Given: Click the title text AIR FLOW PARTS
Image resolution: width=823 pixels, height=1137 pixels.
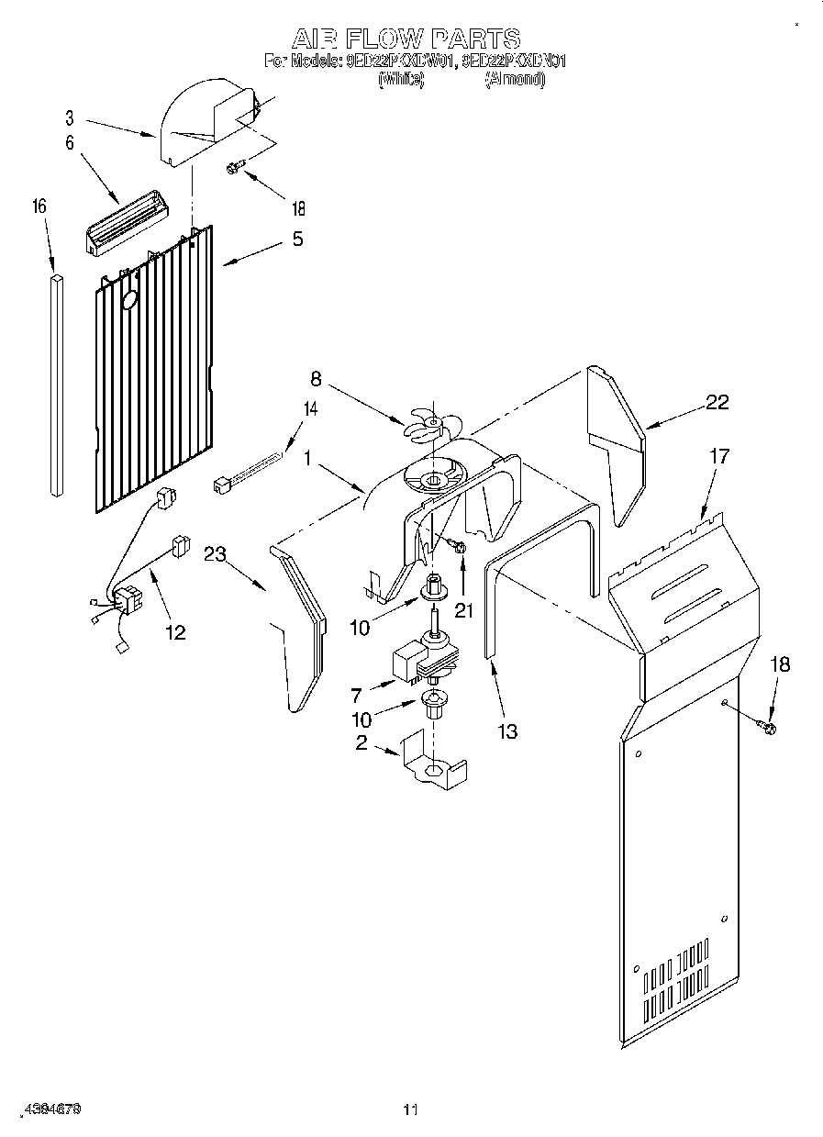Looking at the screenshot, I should tap(406, 39).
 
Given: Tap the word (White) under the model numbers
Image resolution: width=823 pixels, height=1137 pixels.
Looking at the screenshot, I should tap(401, 80).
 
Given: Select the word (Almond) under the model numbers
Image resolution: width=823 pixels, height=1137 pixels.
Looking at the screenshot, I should tap(515, 80).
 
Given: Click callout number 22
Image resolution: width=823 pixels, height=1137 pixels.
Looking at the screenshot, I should tap(717, 401).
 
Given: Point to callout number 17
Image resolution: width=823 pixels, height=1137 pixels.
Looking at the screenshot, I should tap(719, 456).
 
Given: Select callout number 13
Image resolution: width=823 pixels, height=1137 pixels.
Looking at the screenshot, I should tap(506, 730).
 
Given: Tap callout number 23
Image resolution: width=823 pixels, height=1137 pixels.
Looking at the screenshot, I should tap(217, 553).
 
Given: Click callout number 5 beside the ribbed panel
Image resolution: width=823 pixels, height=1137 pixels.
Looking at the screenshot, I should tap(296, 240).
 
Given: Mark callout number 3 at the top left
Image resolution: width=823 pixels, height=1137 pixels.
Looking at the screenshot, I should tap(69, 117).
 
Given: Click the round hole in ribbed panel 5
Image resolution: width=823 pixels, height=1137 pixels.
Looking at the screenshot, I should tap(128, 300).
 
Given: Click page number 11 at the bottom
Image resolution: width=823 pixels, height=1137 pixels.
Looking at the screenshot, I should tap(410, 1110).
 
